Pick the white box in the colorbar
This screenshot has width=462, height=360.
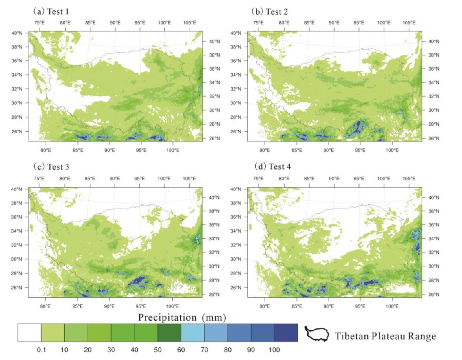click(29, 333)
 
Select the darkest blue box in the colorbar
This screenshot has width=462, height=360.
click(286, 333)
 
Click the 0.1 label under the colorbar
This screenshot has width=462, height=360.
click(41, 350)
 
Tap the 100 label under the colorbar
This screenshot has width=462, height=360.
click(274, 350)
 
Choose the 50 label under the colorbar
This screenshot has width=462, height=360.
click(158, 350)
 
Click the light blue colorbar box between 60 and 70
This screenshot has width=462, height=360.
click(193, 333)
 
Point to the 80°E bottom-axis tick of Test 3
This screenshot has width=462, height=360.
click(46, 304)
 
